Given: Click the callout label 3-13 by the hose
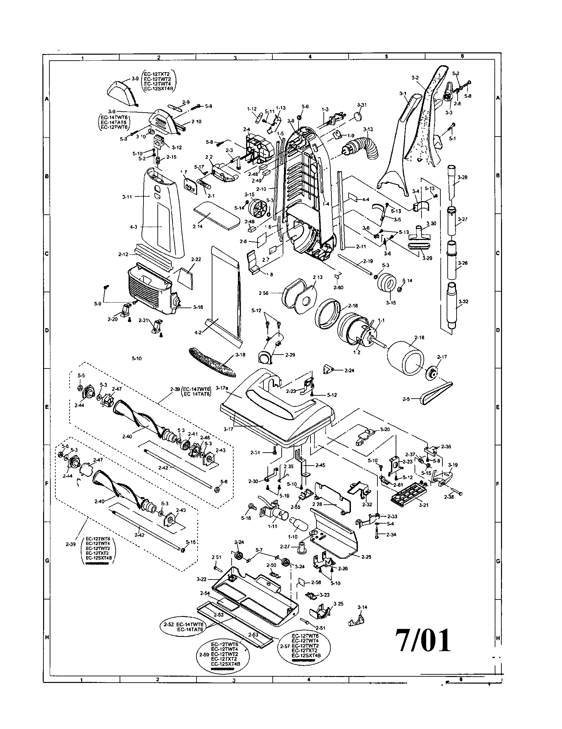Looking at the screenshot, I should (368, 129).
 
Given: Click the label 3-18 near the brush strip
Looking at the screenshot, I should (240, 355).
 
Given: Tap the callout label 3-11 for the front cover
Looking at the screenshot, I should (127, 197).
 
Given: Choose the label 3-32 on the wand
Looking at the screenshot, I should (463, 302).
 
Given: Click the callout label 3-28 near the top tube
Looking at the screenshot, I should (462, 177).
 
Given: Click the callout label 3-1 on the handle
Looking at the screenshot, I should (403, 94).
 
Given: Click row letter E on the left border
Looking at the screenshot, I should (47, 407).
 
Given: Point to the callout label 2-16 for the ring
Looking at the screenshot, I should (353, 306).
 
